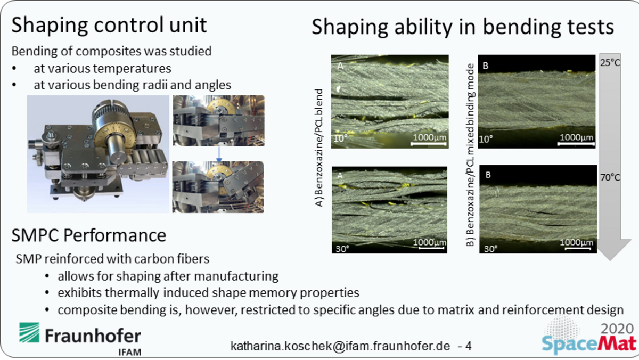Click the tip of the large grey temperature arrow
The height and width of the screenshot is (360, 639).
[x=610, y=260]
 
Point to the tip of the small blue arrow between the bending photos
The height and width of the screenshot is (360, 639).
[x=219, y=161]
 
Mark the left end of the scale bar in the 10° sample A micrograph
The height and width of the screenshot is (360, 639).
[x=411, y=144]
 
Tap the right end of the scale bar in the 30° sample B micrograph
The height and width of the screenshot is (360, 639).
[x=591, y=249]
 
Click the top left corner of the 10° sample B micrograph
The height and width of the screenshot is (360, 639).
[x=478, y=55]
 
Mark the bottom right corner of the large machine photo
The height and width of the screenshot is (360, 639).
[x=169, y=213]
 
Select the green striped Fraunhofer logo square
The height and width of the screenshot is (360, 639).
[x=29, y=332]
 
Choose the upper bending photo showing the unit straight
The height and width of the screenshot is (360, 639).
[x=218, y=121]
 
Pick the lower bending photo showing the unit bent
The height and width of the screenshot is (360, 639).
[x=218, y=187]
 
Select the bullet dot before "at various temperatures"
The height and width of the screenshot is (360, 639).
[x=14, y=69]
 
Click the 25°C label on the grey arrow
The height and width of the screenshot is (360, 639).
[x=610, y=63]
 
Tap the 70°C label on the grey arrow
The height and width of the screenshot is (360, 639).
[x=610, y=178]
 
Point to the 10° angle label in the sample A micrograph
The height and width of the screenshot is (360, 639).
[x=341, y=138]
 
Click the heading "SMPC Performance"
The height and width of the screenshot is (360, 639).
[x=89, y=235]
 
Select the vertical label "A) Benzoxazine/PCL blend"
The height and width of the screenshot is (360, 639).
[x=319, y=148]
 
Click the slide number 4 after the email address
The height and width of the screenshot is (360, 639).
[x=468, y=346]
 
